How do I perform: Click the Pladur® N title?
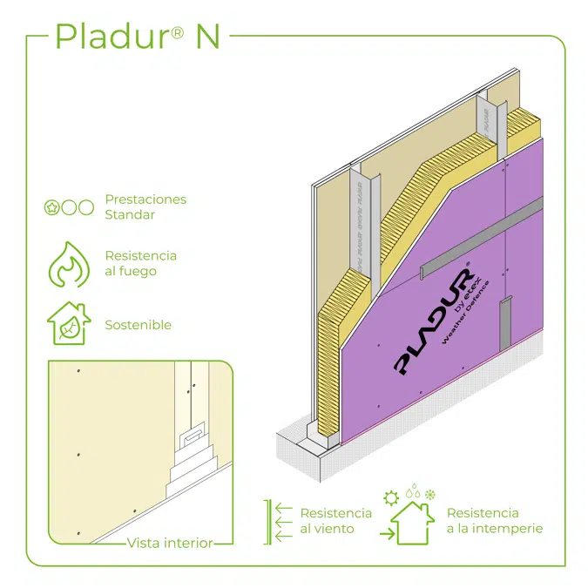point(138,36)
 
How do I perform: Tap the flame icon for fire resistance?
point(67,264)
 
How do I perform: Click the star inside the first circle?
point(51,207)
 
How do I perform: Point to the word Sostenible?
point(138,325)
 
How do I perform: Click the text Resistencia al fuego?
point(140,263)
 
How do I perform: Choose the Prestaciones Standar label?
point(145,206)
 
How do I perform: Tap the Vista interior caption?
point(170,543)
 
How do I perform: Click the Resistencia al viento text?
point(335,521)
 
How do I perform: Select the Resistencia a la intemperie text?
point(495,521)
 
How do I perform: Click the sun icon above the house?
point(391,497)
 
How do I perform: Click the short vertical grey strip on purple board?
point(504,323)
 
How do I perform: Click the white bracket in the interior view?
point(194,434)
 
